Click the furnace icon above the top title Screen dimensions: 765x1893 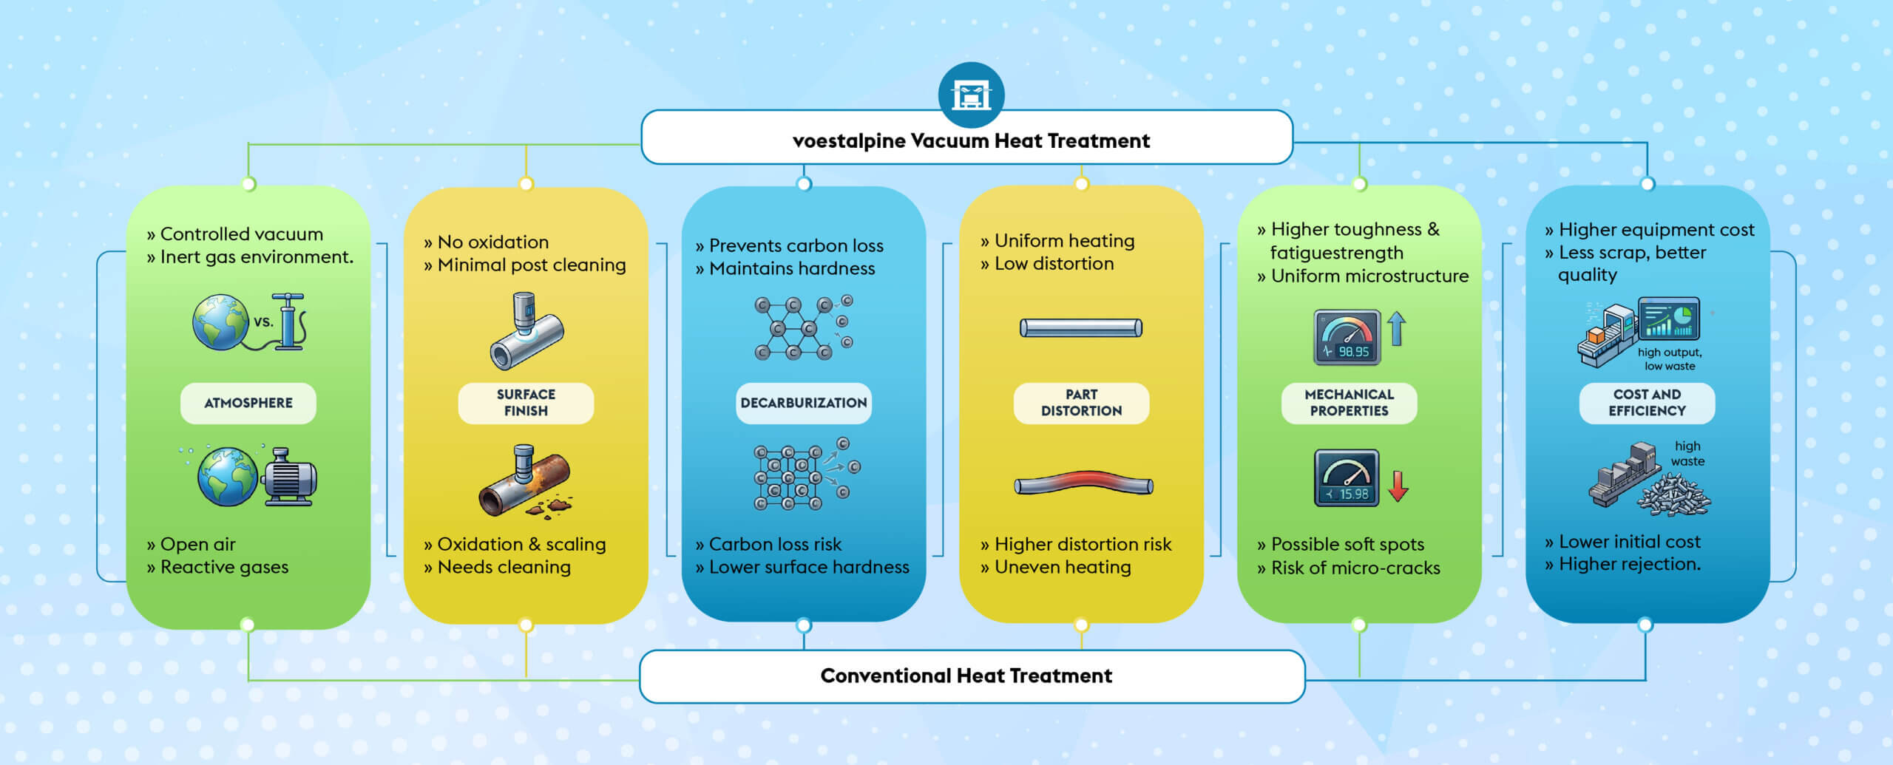(971, 95)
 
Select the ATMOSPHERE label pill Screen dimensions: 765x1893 (248, 403)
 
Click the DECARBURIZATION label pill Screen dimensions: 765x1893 (803, 403)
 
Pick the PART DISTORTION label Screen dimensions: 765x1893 (1081, 403)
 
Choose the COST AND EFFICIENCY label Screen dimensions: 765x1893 (1647, 403)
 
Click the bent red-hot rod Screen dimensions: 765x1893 (1083, 483)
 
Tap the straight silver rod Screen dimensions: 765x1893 (1081, 327)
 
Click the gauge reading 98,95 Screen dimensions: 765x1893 (1347, 338)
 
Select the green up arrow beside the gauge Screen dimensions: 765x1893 (1396, 328)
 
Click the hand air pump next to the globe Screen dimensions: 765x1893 (288, 322)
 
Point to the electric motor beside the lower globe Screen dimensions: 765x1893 (289, 477)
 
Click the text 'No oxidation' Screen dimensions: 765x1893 (492, 242)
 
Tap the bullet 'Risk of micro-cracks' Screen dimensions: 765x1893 (1355, 568)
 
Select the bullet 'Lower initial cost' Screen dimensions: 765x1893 (1629, 542)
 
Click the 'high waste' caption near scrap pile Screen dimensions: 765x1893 (1687, 454)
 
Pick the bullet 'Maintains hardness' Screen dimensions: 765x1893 (791, 268)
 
